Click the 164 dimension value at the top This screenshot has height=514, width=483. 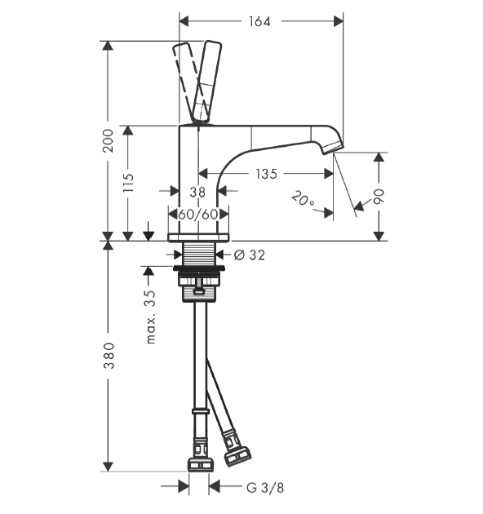coord(259,22)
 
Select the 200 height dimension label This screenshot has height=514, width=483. coord(108,140)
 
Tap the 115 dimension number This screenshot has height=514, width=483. coord(128,183)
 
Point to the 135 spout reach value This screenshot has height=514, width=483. coord(266,174)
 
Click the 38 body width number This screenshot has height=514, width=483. coord(197,192)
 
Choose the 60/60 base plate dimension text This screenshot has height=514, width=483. coord(198,215)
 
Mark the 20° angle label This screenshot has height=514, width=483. coord(303,199)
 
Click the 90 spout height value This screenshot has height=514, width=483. coord(379,197)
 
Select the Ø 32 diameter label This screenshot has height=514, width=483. coord(250,255)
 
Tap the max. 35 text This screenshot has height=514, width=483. coord(150,317)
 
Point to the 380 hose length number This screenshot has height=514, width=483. coord(109,356)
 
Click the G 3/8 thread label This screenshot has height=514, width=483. coord(265,488)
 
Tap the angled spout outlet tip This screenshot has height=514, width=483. coord(334,148)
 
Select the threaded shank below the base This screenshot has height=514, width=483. coord(199,254)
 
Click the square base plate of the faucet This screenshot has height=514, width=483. coord(198,237)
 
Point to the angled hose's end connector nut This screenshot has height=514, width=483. coord(237,455)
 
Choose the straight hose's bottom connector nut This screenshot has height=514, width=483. coord(201,465)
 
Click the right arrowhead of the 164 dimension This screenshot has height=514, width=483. coord(339,22)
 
